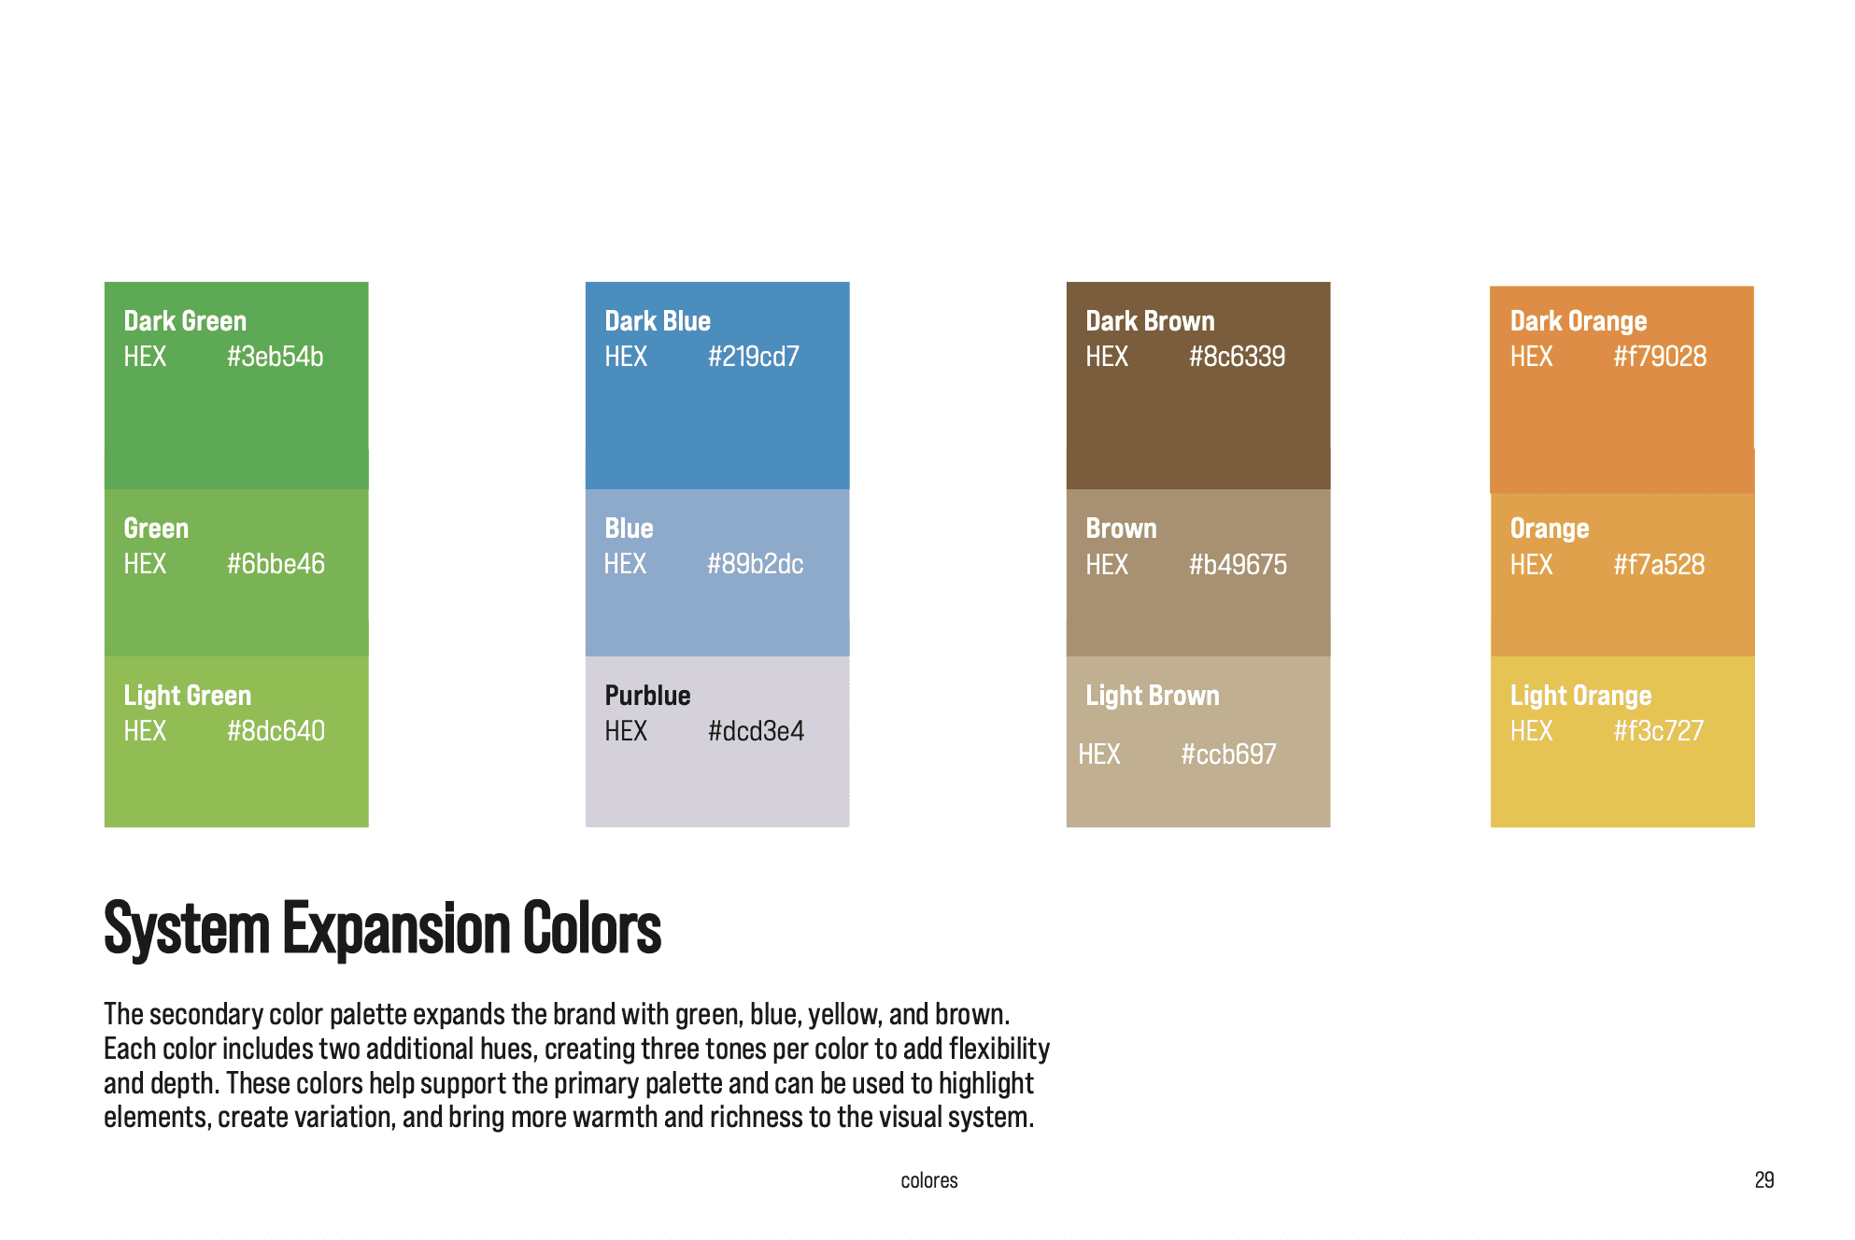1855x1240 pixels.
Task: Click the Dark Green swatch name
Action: [185, 321]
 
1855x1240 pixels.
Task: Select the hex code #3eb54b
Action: [275, 357]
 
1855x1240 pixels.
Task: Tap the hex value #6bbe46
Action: [276, 564]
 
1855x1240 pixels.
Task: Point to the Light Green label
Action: [188, 696]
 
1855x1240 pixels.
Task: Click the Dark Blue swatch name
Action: [658, 321]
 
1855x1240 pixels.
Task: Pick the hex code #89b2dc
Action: [755, 564]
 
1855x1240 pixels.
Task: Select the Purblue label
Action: [647, 696]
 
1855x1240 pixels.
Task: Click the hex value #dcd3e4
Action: [756, 731]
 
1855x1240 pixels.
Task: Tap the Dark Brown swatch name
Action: [1150, 321]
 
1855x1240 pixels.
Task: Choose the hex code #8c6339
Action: [1237, 357]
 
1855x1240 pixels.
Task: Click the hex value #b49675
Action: [1238, 565]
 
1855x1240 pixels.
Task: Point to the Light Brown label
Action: [1153, 696]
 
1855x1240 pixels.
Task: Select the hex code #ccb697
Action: [1228, 754]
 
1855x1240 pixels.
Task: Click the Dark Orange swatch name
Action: [1579, 321]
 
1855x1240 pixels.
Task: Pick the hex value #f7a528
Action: [1659, 565]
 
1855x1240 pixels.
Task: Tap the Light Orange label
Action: [1580, 696]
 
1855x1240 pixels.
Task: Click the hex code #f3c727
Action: [1658, 731]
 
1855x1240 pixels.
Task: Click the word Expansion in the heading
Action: [398, 930]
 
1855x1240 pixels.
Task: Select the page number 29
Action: [1764, 1180]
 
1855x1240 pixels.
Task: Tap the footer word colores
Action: [929, 1180]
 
